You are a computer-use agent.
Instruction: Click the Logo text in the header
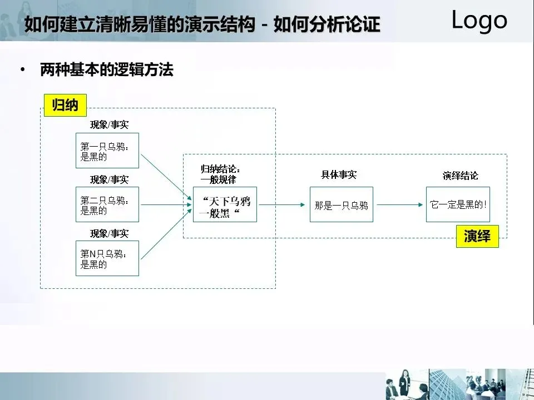[479, 21]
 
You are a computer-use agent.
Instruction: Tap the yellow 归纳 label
[65, 104]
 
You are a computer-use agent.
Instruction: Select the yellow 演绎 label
[477, 236]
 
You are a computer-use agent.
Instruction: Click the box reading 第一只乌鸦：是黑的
[107, 151]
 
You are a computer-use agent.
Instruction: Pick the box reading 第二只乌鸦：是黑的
[107, 204]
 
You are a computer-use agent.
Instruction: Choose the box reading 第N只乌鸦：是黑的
[107, 258]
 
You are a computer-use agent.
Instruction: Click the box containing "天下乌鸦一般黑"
[225, 204]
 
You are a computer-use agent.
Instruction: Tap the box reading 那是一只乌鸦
[342, 204]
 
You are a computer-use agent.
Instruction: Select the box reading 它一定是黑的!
[458, 204]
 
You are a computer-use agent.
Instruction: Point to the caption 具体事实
[338, 174]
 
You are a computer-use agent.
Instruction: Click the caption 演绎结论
[460, 176]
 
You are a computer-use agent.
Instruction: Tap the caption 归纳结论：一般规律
[221, 174]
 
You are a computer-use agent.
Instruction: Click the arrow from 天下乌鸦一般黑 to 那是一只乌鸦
[283, 204]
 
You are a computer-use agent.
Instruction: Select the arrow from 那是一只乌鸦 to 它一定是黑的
[399, 204]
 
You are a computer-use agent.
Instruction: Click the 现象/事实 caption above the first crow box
[110, 125]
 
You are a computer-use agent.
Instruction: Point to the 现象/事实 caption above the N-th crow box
[110, 233]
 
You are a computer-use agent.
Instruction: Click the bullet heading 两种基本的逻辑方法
[107, 71]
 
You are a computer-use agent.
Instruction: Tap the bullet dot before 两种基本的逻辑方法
[22, 71]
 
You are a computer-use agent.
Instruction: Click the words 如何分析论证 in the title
[327, 25]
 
